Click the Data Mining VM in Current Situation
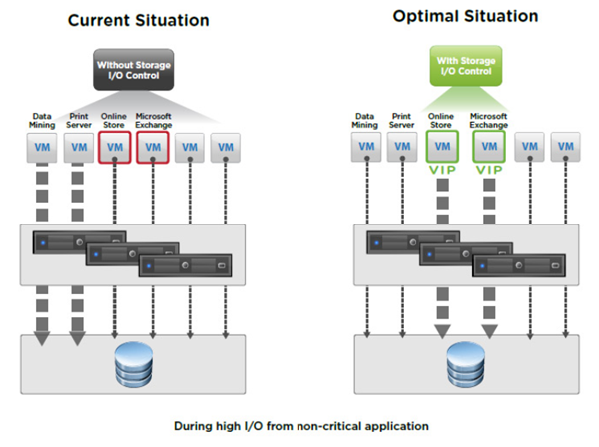click(43, 148)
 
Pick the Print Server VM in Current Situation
click(80, 148)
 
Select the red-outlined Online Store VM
click(116, 148)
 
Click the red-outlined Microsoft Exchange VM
click(152, 148)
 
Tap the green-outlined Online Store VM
click(441, 148)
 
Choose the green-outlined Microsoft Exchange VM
click(490, 148)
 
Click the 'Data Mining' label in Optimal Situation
click(364, 120)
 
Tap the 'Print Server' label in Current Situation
click(80, 120)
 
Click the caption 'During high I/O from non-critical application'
click(300, 425)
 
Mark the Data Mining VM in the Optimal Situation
click(364, 148)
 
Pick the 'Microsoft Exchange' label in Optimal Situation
click(490, 120)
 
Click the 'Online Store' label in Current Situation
click(116, 120)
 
